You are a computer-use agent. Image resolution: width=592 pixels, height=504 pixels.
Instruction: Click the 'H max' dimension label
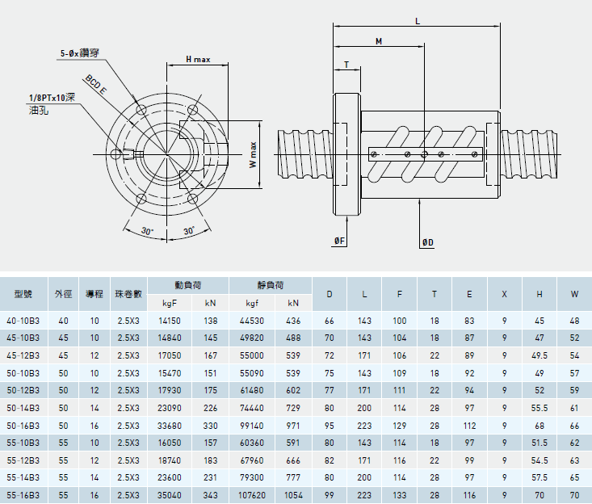pyautogui.click(x=197, y=59)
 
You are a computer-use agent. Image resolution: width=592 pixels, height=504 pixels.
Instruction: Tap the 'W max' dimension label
pyautogui.click(x=253, y=153)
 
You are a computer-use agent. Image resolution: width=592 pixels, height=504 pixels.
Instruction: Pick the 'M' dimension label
pyautogui.click(x=379, y=40)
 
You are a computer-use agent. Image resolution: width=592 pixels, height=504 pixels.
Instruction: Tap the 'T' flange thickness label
pyautogui.click(x=346, y=64)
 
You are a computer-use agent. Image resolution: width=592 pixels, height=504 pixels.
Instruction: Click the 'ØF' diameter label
pyautogui.click(x=339, y=241)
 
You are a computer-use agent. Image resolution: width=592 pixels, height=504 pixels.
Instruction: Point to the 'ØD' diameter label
pyautogui.click(x=428, y=241)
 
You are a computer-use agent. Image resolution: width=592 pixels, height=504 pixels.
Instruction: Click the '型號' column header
pyautogui.click(x=23, y=294)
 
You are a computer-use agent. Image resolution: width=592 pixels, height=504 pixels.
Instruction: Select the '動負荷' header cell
pyautogui.click(x=187, y=285)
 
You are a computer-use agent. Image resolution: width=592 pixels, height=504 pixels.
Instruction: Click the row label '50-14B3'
pyautogui.click(x=23, y=409)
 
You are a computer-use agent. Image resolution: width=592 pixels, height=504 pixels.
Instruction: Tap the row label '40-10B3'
pyautogui.click(x=23, y=321)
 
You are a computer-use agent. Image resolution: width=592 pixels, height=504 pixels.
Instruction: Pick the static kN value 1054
pyautogui.click(x=292, y=493)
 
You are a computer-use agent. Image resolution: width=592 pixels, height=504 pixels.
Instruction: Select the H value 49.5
pyautogui.click(x=540, y=355)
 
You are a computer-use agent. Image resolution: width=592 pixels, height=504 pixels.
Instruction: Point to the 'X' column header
pyautogui.click(x=504, y=294)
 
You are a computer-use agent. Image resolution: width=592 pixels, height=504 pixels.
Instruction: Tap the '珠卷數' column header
pyautogui.click(x=128, y=294)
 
